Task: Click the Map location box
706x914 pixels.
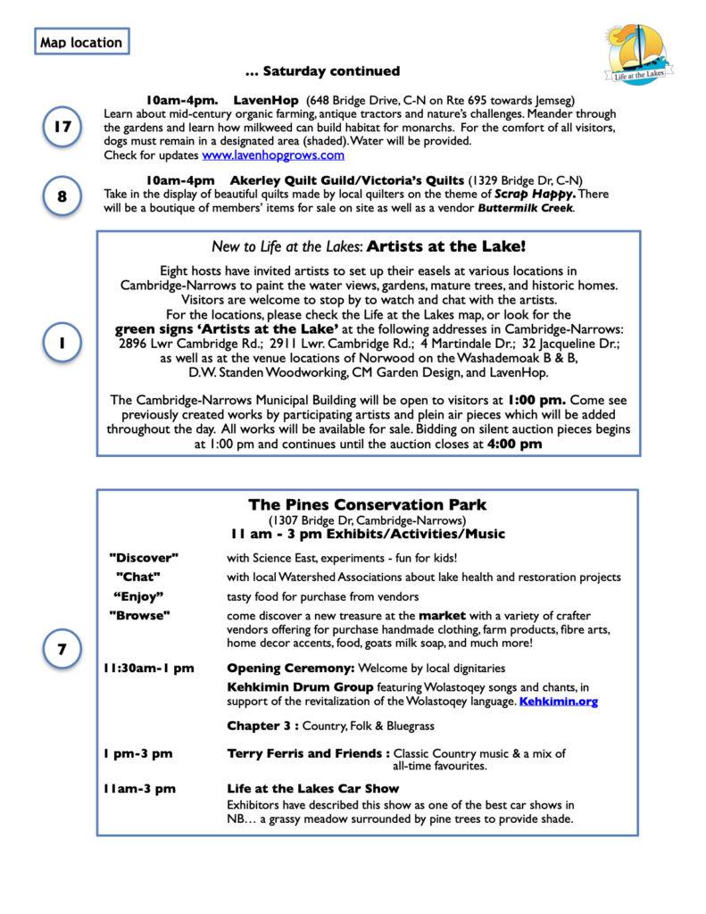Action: click(80, 42)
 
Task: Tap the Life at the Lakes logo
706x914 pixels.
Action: click(636, 54)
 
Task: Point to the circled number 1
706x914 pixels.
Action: click(62, 343)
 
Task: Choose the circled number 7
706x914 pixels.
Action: click(62, 649)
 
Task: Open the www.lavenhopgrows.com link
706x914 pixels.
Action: click(272, 154)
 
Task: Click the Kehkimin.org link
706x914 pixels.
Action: click(558, 702)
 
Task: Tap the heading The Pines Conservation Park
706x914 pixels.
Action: click(367, 505)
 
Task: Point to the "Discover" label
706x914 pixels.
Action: click(144, 558)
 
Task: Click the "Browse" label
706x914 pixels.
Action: click(139, 616)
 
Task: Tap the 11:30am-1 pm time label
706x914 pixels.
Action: click(149, 668)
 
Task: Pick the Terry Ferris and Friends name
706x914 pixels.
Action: click(307, 753)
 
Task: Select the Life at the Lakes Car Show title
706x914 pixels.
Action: click(312, 789)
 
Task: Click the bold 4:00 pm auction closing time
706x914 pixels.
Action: click(514, 444)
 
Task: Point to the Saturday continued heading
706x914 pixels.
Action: click(322, 71)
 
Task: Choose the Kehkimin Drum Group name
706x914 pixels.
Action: click(300, 687)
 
